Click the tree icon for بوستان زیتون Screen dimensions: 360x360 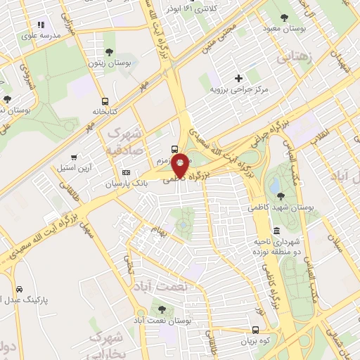click(x=109, y=51)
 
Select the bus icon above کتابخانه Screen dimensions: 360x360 click(x=105, y=101)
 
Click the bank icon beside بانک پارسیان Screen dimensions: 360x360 click(x=126, y=173)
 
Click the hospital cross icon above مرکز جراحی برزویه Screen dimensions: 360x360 click(x=238, y=78)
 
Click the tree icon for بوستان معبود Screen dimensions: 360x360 click(x=283, y=17)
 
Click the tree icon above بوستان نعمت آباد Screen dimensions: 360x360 click(x=162, y=308)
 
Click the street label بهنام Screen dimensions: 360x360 click(x=158, y=232)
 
